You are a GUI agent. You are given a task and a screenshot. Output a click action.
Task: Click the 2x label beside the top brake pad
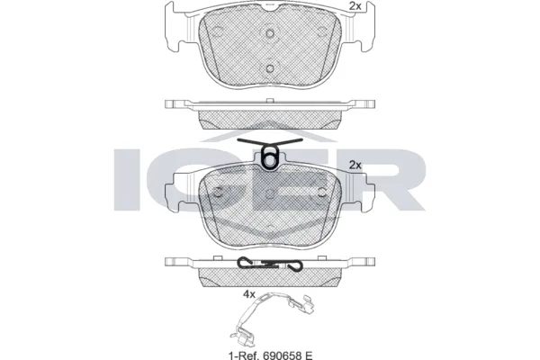click(x=355, y=7)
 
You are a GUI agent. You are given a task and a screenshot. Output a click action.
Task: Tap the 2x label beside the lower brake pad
click(x=355, y=164)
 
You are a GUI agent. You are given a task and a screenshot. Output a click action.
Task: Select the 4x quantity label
click(x=249, y=293)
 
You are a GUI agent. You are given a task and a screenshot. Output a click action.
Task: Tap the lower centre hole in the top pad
click(x=270, y=68)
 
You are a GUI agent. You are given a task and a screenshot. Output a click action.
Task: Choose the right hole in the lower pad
click(x=319, y=193)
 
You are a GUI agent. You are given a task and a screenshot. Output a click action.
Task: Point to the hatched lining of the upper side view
click(x=270, y=120)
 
